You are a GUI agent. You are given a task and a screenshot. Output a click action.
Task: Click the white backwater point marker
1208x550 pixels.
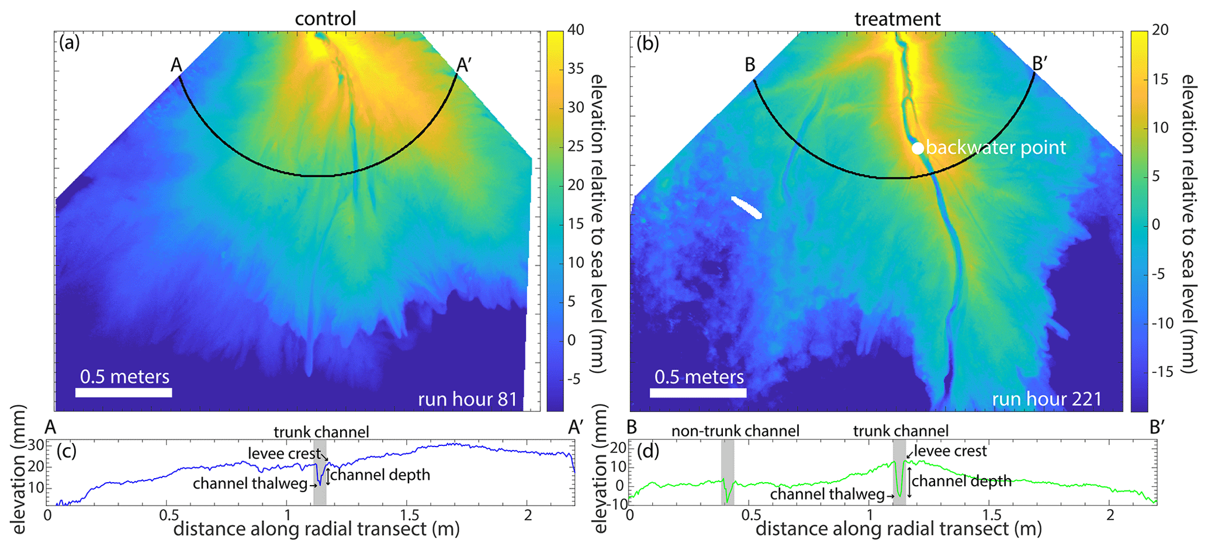point(918,148)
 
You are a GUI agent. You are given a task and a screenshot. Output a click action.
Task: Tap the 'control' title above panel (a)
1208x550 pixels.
point(325,19)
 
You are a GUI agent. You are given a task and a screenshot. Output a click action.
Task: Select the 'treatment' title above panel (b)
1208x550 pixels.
point(897,19)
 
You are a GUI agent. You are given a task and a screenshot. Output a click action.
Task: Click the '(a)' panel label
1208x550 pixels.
point(70,43)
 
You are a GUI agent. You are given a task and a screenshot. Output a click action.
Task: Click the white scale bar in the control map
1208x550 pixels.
point(123,392)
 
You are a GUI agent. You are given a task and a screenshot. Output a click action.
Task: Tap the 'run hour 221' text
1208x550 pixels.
point(1046,399)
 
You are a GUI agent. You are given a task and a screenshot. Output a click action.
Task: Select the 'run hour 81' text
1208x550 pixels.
point(468,399)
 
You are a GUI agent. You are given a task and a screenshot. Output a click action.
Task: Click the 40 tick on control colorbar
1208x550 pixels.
point(575,30)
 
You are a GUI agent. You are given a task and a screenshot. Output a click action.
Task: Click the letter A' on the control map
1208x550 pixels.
point(463,65)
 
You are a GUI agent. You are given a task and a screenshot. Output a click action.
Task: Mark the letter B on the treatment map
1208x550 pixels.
point(750,65)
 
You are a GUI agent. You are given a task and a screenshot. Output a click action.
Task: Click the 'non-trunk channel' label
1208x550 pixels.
point(735,431)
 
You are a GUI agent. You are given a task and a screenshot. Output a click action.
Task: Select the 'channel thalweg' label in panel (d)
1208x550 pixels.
point(827,494)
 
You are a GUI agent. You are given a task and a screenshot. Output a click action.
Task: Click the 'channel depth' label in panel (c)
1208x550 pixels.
point(380,475)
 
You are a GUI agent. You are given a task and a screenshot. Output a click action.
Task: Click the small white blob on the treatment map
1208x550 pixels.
point(746,207)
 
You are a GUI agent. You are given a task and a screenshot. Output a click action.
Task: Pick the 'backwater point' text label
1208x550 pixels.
point(996,148)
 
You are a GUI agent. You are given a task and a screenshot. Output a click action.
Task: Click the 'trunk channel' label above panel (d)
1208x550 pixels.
point(901,431)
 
